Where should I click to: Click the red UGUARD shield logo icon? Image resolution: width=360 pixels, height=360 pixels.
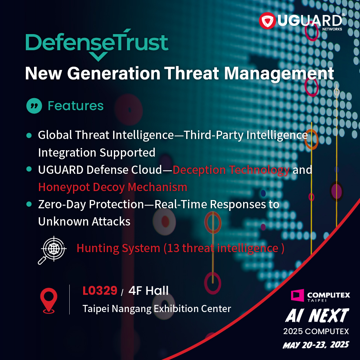pos(267,21)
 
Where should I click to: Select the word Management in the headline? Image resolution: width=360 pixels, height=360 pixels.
pos(279,74)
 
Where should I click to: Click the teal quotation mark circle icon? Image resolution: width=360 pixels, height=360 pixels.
pos(34,106)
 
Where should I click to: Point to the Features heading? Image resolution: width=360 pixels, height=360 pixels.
pos(76,106)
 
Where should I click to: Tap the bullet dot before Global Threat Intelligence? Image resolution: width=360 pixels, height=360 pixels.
pos(29,135)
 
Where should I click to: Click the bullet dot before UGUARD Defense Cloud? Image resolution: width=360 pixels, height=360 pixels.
pos(29,169)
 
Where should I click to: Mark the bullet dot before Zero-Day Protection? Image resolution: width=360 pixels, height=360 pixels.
pos(29,204)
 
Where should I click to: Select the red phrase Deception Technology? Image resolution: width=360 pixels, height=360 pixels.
pos(231,170)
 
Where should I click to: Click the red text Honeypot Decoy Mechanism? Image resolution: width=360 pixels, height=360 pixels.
pos(113,187)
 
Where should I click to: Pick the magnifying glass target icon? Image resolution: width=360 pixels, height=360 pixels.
pos(52,250)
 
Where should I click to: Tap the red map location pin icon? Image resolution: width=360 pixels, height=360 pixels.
pos(49,300)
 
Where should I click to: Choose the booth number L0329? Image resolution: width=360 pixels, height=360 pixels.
pos(100,291)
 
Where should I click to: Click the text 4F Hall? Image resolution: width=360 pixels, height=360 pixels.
pos(149,291)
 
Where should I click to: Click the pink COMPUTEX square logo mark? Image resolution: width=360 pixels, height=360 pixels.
pos(297,295)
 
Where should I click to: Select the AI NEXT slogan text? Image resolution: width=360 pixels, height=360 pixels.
pos(317,315)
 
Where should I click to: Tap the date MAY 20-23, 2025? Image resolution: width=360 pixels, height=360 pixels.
pos(316,345)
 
